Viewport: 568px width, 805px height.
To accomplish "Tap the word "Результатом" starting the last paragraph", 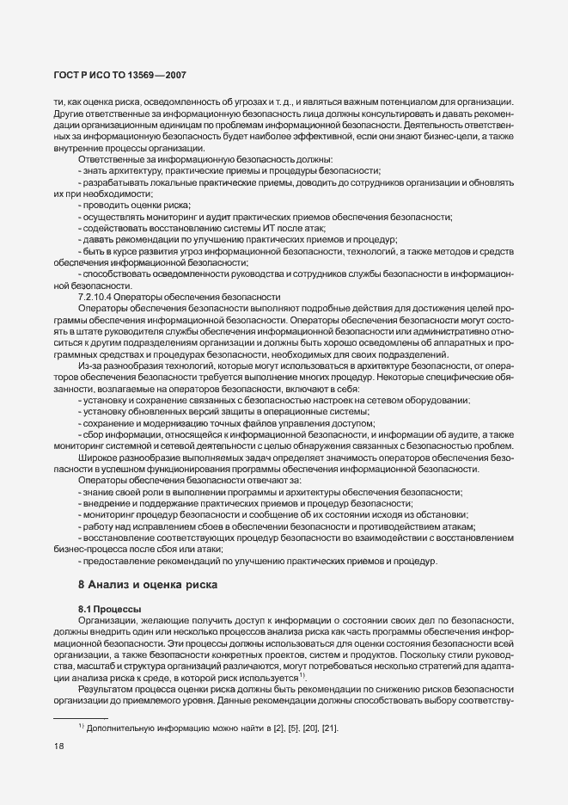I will point(106,690).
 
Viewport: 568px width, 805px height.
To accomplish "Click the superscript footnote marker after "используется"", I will point(303,676).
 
